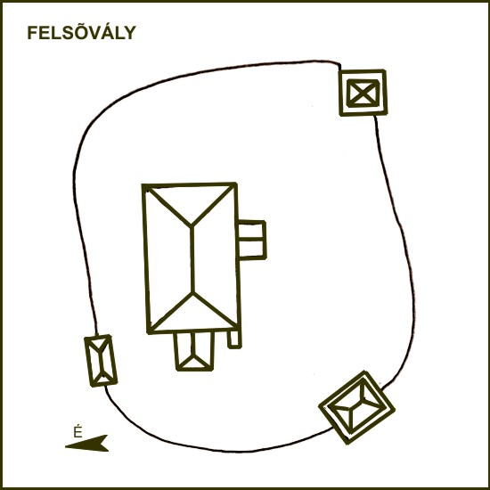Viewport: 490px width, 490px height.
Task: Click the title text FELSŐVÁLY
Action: pyautogui.click(x=82, y=32)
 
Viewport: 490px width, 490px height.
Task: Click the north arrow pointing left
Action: pyautogui.click(x=86, y=443)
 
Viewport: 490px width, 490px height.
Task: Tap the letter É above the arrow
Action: pyautogui.click(x=78, y=431)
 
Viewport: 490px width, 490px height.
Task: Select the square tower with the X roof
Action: pyautogui.click(x=363, y=93)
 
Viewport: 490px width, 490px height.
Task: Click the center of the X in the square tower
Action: pyautogui.click(x=363, y=93)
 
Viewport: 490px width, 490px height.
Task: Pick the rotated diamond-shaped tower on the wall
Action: pyautogui.click(x=356, y=407)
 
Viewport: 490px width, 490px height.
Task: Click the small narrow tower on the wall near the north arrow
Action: pyautogui.click(x=101, y=361)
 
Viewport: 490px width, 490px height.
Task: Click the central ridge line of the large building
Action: pyautogui.click(x=192, y=259)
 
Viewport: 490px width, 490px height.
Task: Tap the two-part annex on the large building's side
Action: pyautogui.click(x=252, y=240)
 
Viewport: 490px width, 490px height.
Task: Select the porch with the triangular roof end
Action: pyautogui.click(x=194, y=351)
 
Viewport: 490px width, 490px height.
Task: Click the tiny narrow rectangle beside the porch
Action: pyautogui.click(x=234, y=339)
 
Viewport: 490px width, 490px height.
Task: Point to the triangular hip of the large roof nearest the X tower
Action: pyautogui.click(x=192, y=204)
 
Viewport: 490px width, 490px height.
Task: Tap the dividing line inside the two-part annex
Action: pyautogui.click(x=251, y=239)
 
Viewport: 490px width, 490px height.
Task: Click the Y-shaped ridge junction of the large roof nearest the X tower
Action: pyautogui.click(x=192, y=225)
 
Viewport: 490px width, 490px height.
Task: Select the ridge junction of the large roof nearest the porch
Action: pyautogui.click(x=192, y=293)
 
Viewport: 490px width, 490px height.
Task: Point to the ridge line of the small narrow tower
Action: pyautogui.click(x=100, y=362)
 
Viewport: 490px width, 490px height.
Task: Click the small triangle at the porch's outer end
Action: pyautogui.click(x=194, y=363)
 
